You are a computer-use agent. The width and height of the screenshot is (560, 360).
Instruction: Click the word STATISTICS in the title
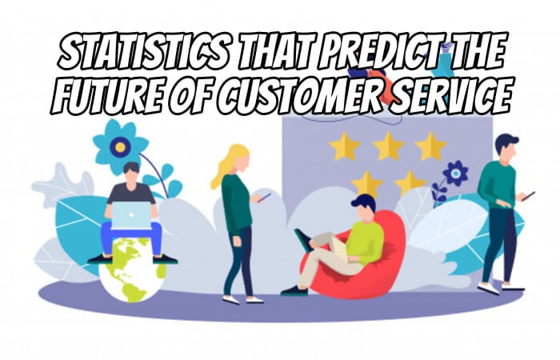pos(143,53)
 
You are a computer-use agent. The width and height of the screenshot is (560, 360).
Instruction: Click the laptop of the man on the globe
pos(131,215)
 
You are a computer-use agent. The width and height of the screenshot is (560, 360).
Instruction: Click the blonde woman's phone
pos(265,197)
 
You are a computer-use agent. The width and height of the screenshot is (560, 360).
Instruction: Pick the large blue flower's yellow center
pos(120,146)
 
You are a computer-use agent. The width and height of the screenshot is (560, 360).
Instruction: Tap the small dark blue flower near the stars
pos(455,174)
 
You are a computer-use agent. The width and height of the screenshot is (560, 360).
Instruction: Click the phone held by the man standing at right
pos(530,195)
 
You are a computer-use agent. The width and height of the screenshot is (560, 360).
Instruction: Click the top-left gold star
pos(345,146)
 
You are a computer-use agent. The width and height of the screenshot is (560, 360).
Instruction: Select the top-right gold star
pos(431,146)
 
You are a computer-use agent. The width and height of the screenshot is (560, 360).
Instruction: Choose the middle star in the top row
pos(388,146)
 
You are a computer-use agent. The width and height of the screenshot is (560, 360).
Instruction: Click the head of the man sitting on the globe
pos(131,174)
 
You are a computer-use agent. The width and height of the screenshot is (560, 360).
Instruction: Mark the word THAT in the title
pos(274,52)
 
